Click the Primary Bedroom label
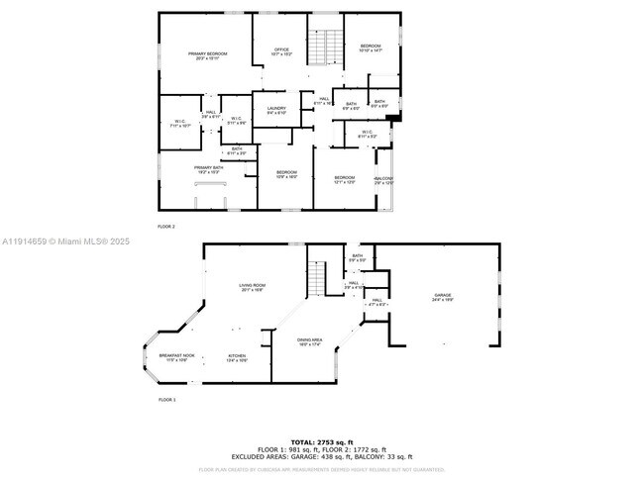[208, 54]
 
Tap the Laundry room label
[276, 109]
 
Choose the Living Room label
[252, 286]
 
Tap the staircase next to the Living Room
[318, 277]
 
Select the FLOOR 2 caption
[166, 227]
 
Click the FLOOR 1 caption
[166, 400]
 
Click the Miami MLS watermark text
[59, 241]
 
